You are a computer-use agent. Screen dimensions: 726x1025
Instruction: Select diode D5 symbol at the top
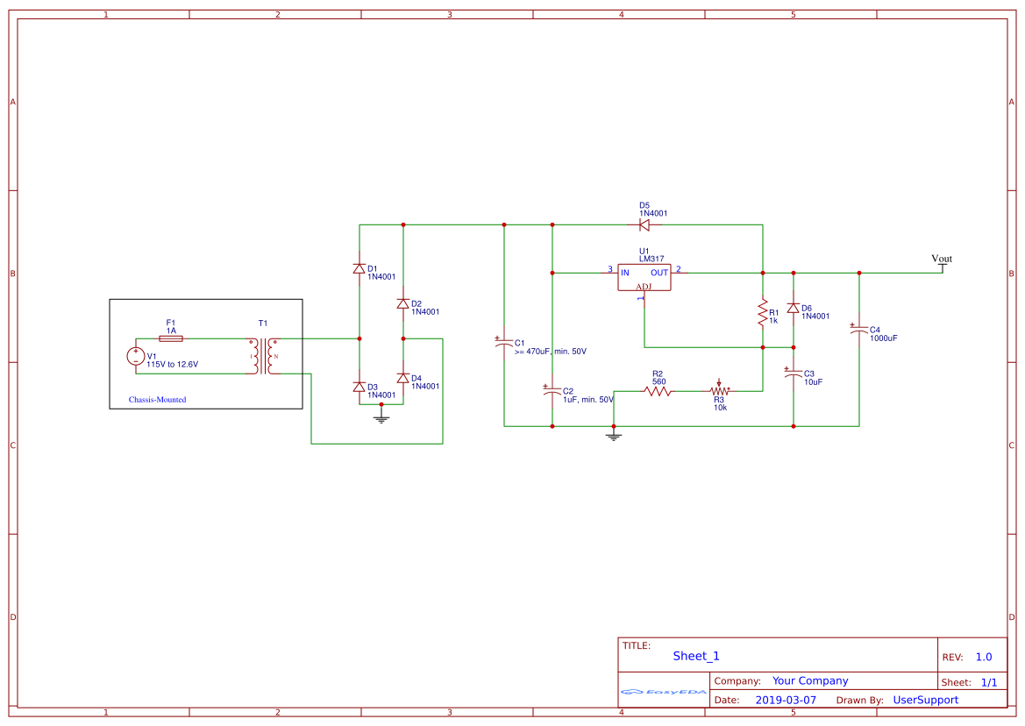[x=644, y=225]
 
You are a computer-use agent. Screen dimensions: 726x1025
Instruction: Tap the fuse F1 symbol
[x=172, y=338]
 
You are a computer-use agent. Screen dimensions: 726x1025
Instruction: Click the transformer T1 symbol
[x=263, y=356]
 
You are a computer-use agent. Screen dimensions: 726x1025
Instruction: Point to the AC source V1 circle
[x=137, y=356]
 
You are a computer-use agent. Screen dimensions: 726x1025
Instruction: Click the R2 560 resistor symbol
[x=658, y=391]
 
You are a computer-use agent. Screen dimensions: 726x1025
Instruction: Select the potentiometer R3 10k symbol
[x=720, y=391]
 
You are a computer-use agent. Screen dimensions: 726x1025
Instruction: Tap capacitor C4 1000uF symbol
[x=859, y=330]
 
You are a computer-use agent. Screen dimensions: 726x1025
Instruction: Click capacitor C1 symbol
[x=504, y=343]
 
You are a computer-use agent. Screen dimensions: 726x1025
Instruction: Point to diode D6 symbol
[x=794, y=309]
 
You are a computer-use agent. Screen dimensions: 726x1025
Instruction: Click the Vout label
[x=942, y=259]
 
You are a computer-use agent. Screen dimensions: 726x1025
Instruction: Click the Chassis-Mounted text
[x=158, y=400]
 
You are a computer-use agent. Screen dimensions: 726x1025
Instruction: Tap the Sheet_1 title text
[x=696, y=656]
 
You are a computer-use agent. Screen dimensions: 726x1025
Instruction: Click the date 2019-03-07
[x=786, y=700]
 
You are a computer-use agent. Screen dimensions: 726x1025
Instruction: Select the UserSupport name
[x=925, y=700]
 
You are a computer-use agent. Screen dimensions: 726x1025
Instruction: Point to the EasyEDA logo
[x=664, y=692]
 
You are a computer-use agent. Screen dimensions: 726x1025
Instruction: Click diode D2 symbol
[x=403, y=303]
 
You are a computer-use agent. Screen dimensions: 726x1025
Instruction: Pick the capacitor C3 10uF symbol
[x=794, y=374]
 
